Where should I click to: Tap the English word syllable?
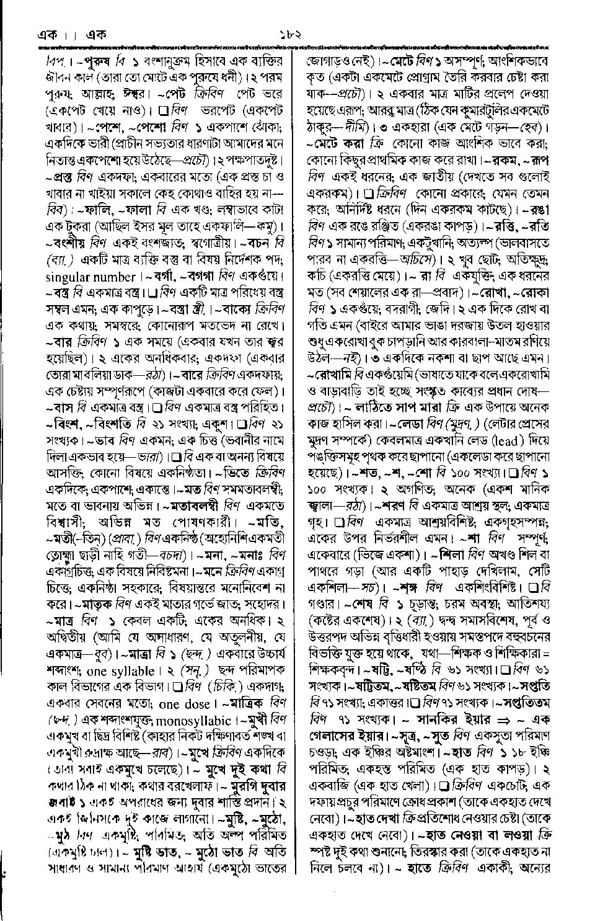coord(131,671)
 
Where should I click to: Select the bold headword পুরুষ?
coord(98,63)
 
